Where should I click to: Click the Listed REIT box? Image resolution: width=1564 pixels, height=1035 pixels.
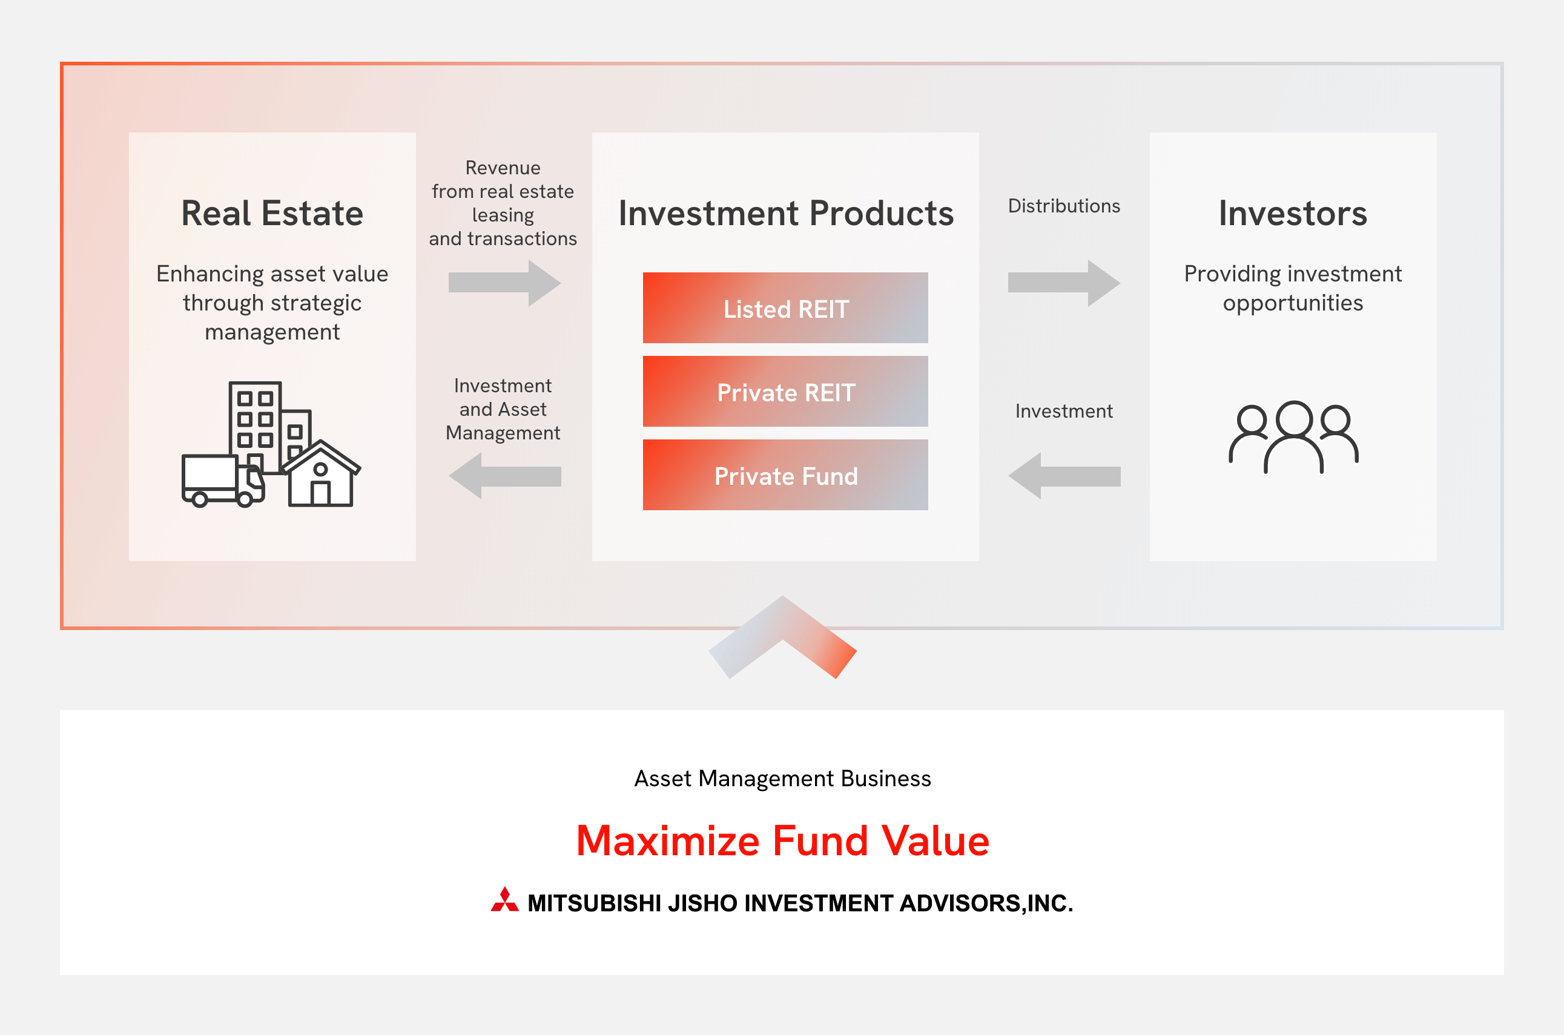[785, 308]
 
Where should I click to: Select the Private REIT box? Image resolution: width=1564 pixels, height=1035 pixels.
[785, 392]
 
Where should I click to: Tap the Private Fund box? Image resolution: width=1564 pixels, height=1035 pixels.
[785, 475]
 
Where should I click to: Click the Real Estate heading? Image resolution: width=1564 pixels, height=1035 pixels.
[272, 213]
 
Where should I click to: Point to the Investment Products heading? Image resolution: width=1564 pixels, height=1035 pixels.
[785, 213]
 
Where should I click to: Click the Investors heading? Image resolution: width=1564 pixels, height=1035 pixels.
[1293, 213]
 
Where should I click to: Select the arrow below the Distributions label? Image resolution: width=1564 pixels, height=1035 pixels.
[1064, 283]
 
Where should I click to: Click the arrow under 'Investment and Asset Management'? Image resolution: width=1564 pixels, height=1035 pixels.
[504, 476]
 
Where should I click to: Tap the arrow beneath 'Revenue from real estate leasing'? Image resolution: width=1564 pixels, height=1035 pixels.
[504, 283]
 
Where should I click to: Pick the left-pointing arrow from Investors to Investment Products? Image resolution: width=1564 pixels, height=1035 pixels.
[1064, 476]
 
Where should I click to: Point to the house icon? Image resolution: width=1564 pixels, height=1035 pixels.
[322, 475]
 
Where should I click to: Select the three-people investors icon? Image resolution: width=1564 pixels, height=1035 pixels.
[1293, 437]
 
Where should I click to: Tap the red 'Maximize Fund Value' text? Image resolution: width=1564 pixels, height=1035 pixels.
[782, 841]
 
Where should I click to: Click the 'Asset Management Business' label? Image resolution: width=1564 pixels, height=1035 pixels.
[782, 779]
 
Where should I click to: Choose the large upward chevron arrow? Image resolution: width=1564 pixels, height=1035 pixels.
[782, 636]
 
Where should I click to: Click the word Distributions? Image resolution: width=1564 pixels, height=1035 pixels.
[1064, 206]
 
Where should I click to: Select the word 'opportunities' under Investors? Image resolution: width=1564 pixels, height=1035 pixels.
[1293, 303]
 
